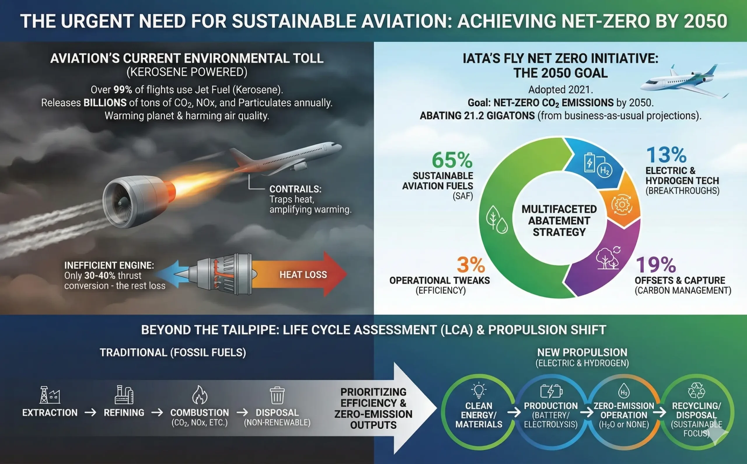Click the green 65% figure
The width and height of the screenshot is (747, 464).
coord(452,160)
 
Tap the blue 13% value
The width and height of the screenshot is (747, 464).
coord(666,155)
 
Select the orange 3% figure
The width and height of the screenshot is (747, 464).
coord(471,265)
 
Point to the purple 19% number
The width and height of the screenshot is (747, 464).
coord(655,265)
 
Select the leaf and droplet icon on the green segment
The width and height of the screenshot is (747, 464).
coord(496,220)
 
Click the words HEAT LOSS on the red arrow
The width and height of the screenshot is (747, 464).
coord(303,275)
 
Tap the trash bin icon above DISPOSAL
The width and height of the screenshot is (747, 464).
coord(277,395)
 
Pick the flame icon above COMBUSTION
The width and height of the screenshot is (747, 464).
coord(200,395)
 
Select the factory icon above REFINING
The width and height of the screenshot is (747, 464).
coord(124,395)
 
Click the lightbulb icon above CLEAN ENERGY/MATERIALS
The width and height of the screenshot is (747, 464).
coord(479,390)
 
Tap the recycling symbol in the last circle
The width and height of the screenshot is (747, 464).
coord(696,390)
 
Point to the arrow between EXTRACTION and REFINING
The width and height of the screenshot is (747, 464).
coord(90,412)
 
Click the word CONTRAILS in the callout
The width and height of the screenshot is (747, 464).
coord(295,189)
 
